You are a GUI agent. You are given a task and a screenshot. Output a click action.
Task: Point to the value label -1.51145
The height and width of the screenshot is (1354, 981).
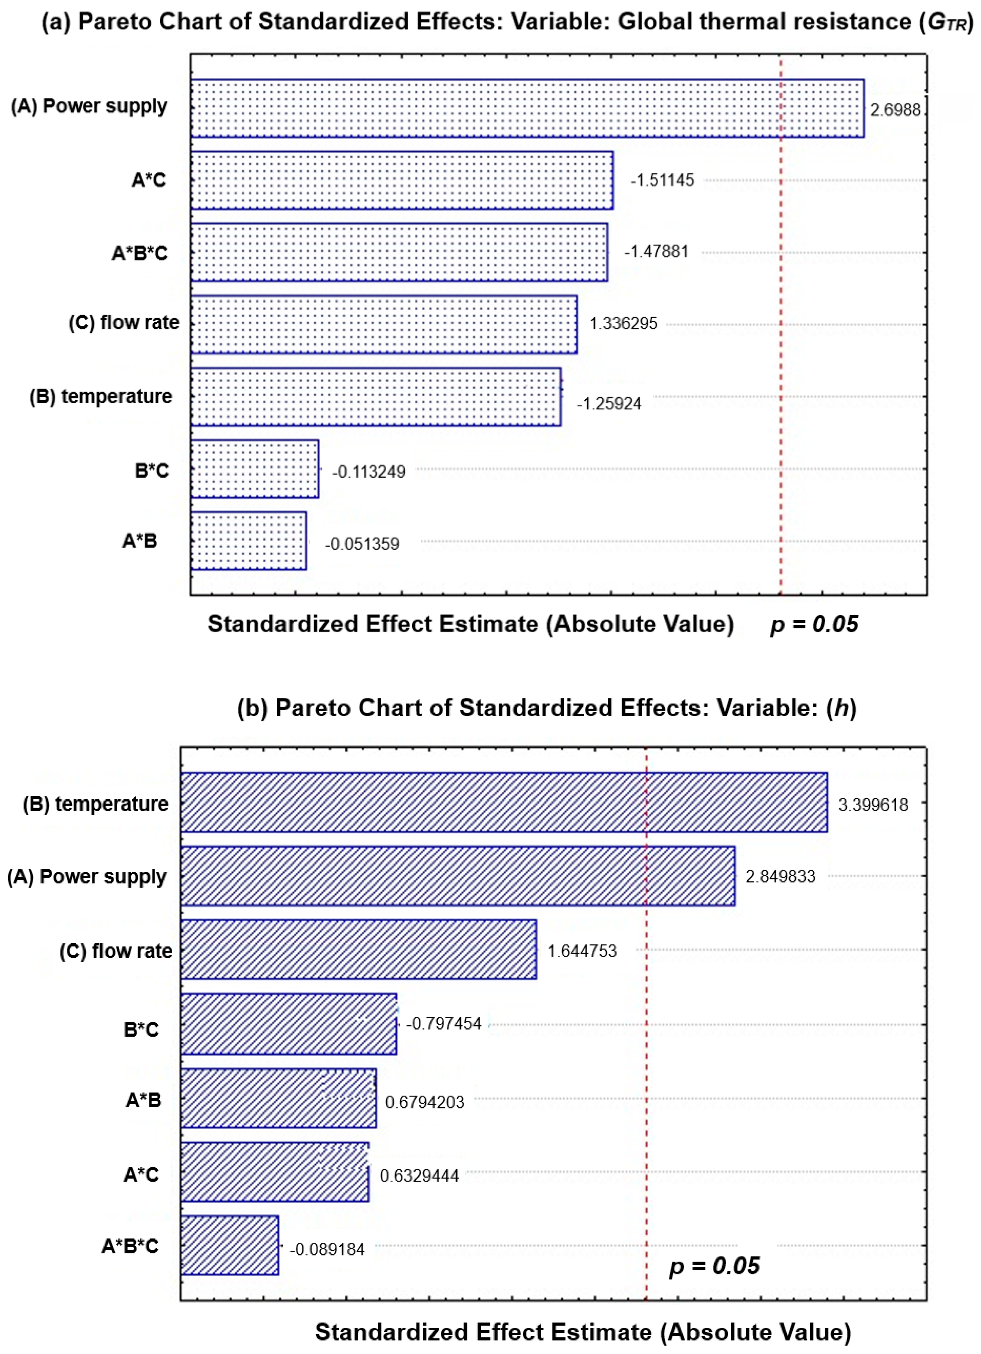click(x=662, y=180)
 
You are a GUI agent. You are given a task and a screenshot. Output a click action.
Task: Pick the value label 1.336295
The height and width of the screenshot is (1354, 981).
click(x=623, y=324)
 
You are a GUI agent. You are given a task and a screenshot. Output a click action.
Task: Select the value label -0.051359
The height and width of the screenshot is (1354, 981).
click(x=362, y=544)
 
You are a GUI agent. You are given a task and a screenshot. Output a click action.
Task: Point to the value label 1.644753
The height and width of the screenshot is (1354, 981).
click(x=582, y=951)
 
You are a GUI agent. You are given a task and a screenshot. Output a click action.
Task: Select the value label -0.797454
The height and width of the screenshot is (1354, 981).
click(x=444, y=1024)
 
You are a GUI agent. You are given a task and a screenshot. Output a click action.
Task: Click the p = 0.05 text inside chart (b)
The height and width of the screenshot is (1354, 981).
click(x=714, y=1266)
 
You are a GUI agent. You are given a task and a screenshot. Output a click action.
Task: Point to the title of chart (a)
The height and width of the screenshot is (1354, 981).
click(x=507, y=22)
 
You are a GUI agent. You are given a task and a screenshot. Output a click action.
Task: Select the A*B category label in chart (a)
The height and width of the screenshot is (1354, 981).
click(x=140, y=541)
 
